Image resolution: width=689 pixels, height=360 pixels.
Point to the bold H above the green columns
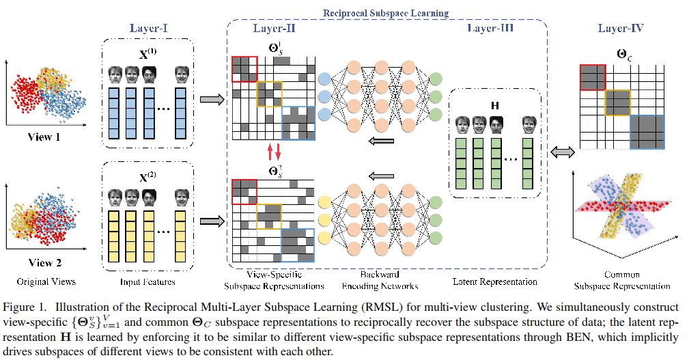tap(495, 105)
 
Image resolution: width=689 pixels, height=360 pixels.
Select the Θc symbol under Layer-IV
tap(623, 52)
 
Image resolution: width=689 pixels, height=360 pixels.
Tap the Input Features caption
tap(148, 281)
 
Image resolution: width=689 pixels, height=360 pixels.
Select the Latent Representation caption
tap(495, 281)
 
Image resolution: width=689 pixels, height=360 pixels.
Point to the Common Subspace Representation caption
tap(622, 280)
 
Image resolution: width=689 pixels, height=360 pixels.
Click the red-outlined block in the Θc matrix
tap(592, 77)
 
